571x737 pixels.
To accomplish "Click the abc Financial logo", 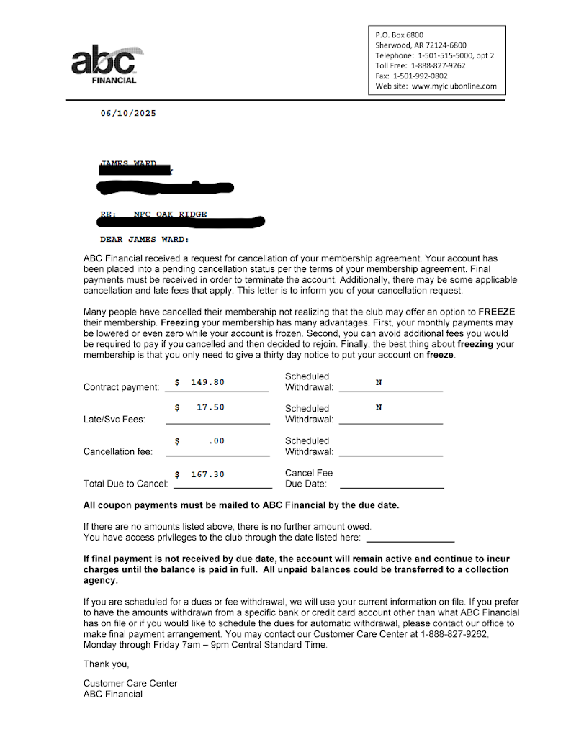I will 105,63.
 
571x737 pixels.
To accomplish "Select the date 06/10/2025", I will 128,113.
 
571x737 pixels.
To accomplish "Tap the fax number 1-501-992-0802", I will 420,76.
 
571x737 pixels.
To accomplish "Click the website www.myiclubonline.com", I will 454,86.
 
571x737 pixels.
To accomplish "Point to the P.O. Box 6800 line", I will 400,35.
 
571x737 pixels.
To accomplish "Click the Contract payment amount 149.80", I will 207,382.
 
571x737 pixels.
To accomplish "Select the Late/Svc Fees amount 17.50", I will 210,407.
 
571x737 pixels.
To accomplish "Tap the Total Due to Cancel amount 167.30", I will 207,474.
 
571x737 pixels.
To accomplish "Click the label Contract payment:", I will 121,387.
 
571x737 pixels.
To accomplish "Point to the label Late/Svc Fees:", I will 114,420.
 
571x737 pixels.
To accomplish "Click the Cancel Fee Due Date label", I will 309,479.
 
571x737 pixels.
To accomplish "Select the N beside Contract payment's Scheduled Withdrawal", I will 379,382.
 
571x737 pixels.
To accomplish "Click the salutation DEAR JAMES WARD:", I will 144,239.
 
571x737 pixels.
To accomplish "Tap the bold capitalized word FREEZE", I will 497,312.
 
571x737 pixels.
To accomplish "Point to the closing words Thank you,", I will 106,664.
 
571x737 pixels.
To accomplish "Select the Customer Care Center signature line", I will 130,683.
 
